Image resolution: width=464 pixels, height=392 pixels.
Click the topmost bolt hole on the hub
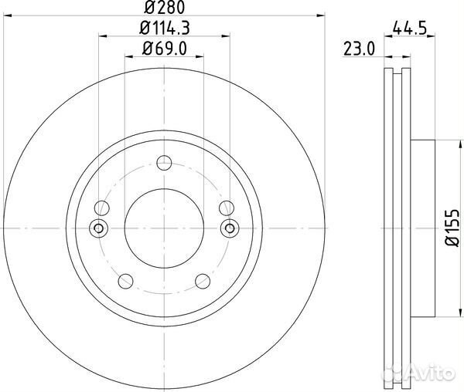tap(163, 163)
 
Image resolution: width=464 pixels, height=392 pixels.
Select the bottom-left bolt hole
tap(125, 280)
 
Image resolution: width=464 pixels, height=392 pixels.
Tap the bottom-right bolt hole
tap(201, 280)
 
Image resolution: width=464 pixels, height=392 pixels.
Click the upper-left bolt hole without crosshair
tap(101, 208)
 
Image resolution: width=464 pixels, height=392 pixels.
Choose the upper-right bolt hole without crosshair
tap(225, 208)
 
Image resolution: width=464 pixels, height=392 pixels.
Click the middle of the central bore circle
tap(163, 228)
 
